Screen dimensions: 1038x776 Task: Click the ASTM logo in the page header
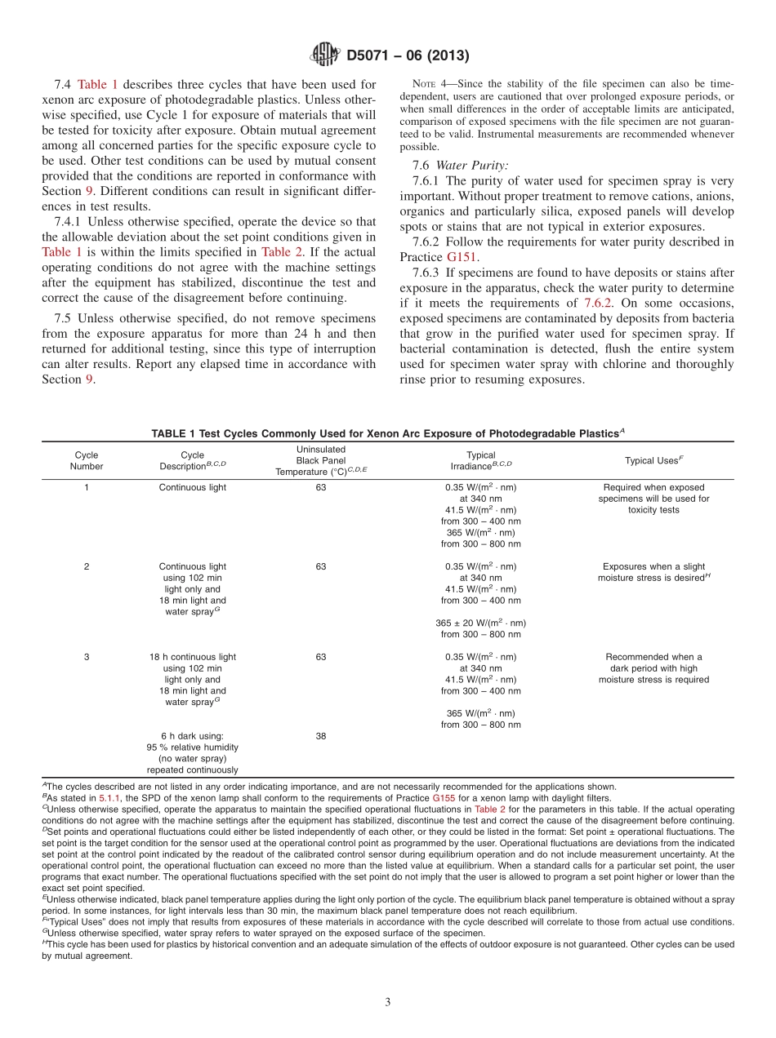(x=324, y=55)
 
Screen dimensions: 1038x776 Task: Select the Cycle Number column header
(x=87, y=460)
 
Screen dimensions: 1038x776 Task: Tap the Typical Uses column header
(x=653, y=460)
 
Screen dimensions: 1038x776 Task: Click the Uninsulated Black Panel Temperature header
(x=321, y=460)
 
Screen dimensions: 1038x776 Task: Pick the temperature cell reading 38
(x=321, y=736)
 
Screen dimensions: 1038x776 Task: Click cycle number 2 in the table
(x=87, y=566)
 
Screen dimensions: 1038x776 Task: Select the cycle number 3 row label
(x=87, y=657)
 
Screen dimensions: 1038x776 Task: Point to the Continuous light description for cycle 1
(x=193, y=487)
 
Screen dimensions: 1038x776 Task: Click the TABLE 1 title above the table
(x=388, y=433)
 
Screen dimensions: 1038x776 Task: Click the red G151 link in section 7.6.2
(x=462, y=257)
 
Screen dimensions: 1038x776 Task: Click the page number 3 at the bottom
(x=388, y=1002)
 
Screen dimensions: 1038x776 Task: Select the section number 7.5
(x=64, y=317)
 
